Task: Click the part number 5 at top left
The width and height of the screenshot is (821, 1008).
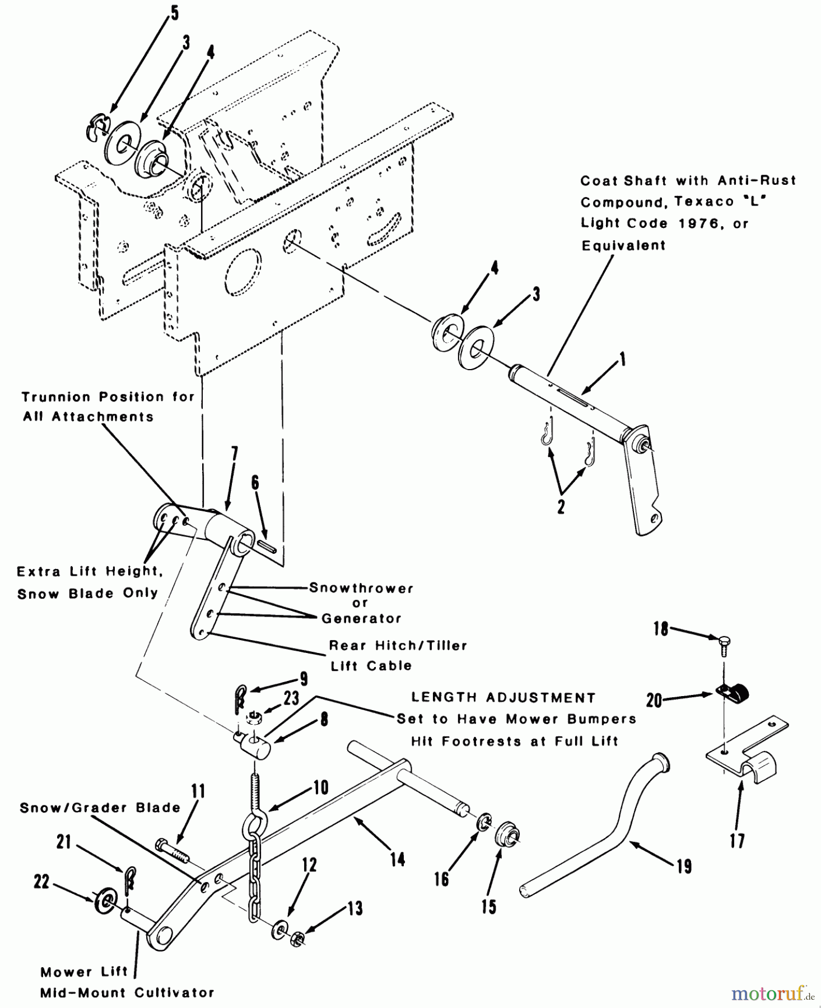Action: pos(175,13)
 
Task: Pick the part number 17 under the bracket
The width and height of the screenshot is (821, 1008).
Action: pos(737,840)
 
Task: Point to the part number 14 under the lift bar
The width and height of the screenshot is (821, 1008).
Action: pos(398,858)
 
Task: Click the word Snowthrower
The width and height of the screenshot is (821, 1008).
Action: pos(361,588)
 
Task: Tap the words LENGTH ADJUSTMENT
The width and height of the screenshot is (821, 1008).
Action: pos(503,698)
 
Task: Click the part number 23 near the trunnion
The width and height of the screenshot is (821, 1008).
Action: pos(291,698)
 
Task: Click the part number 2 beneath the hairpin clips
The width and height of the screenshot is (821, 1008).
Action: pos(561,507)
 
